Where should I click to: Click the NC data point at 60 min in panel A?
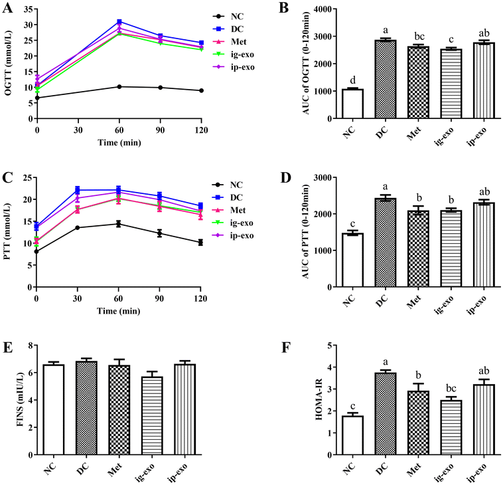pos(119,86)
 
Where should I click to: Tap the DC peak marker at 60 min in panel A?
pos(119,22)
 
